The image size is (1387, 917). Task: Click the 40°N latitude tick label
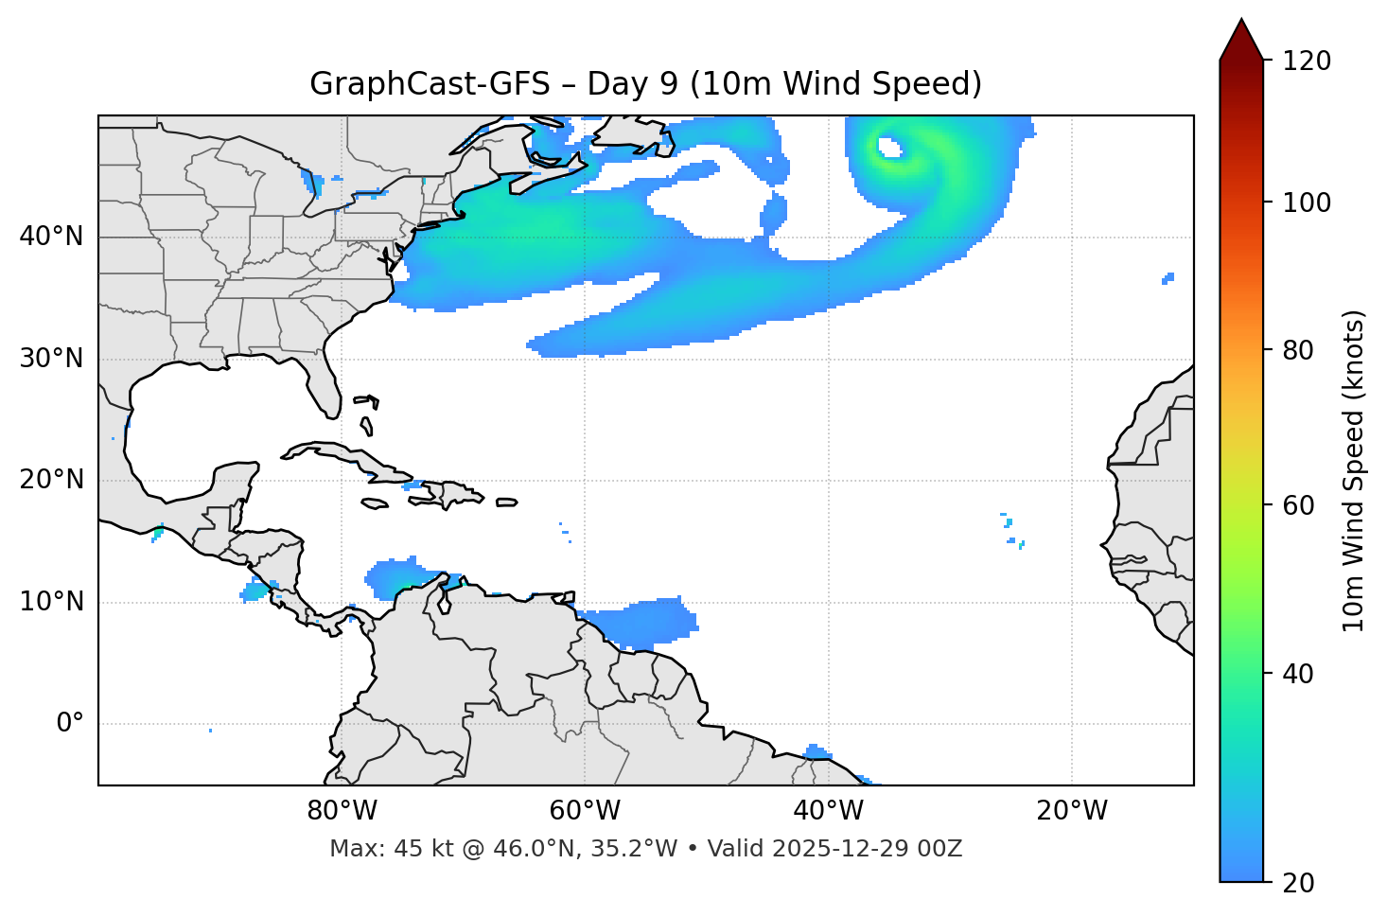[x=51, y=237]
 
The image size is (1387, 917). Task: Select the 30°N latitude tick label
[x=51, y=359]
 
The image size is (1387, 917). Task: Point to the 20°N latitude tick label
[x=51, y=480]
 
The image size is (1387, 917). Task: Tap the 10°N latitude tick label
[x=51, y=602]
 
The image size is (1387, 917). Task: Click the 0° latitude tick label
[x=70, y=724]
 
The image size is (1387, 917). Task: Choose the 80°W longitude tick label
[x=342, y=811]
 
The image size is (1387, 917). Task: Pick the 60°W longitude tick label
[x=585, y=811]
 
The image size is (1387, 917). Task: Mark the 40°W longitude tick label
[x=828, y=811]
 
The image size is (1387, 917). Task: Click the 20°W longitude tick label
[x=1071, y=811]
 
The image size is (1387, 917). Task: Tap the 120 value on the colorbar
[x=1306, y=62]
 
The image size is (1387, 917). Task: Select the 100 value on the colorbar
[x=1306, y=203]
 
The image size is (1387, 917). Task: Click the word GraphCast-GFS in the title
[x=430, y=84]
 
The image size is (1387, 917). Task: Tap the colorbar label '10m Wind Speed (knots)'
[x=1354, y=471]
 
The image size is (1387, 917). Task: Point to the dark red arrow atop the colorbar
[x=1241, y=40]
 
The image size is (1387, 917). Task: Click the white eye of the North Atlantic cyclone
[x=889, y=148]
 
